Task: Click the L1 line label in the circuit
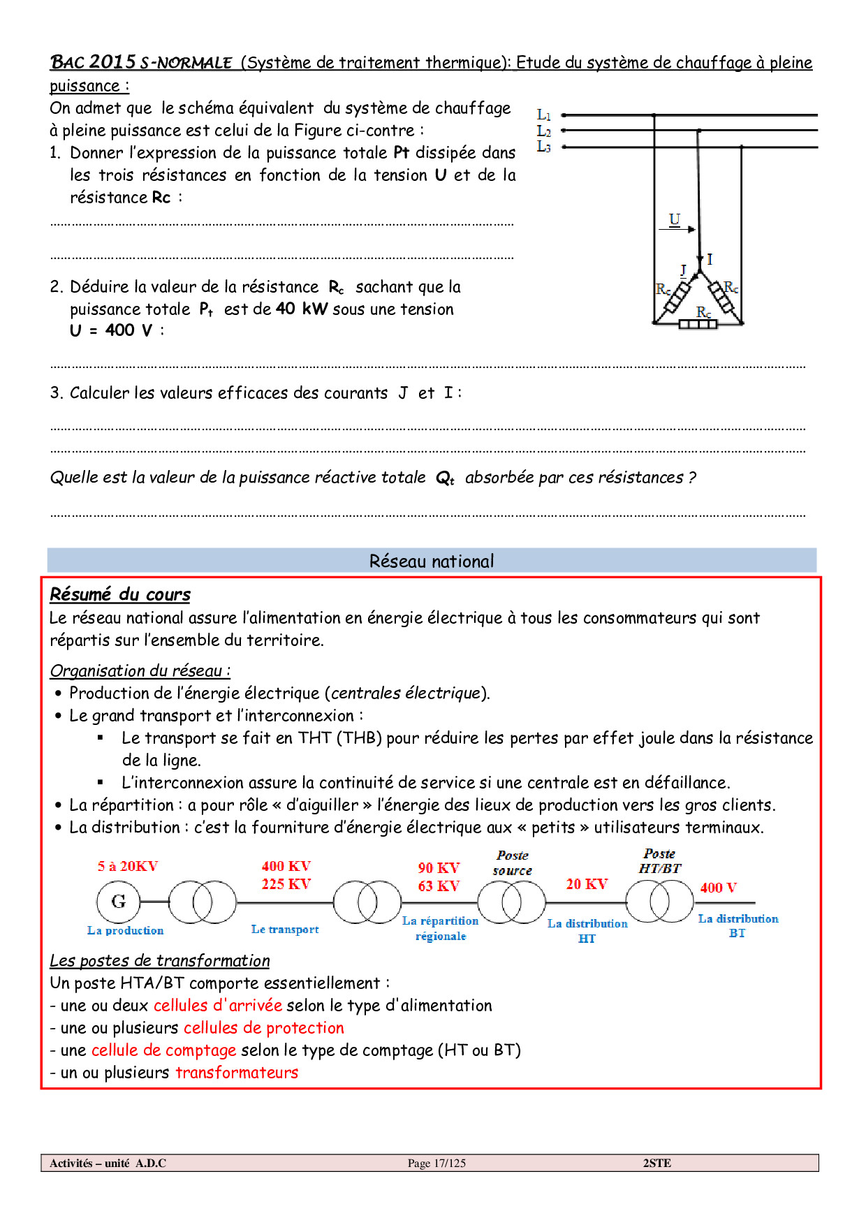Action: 543,115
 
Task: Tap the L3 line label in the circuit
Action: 543,147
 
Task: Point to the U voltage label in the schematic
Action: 674,219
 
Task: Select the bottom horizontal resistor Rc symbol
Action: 698,324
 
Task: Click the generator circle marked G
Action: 119,902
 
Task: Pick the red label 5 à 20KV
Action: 128,867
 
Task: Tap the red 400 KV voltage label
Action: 286,867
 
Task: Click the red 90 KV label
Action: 439,868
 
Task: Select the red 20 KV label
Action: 587,884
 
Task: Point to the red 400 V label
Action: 718,888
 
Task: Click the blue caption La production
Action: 126,930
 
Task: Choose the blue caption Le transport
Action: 285,930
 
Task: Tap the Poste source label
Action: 513,863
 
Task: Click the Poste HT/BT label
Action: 660,861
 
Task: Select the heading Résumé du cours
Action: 120,594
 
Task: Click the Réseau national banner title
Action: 432,562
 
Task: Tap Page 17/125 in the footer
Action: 436,1163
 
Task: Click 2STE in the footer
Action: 656,1163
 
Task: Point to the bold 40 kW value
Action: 302,309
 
